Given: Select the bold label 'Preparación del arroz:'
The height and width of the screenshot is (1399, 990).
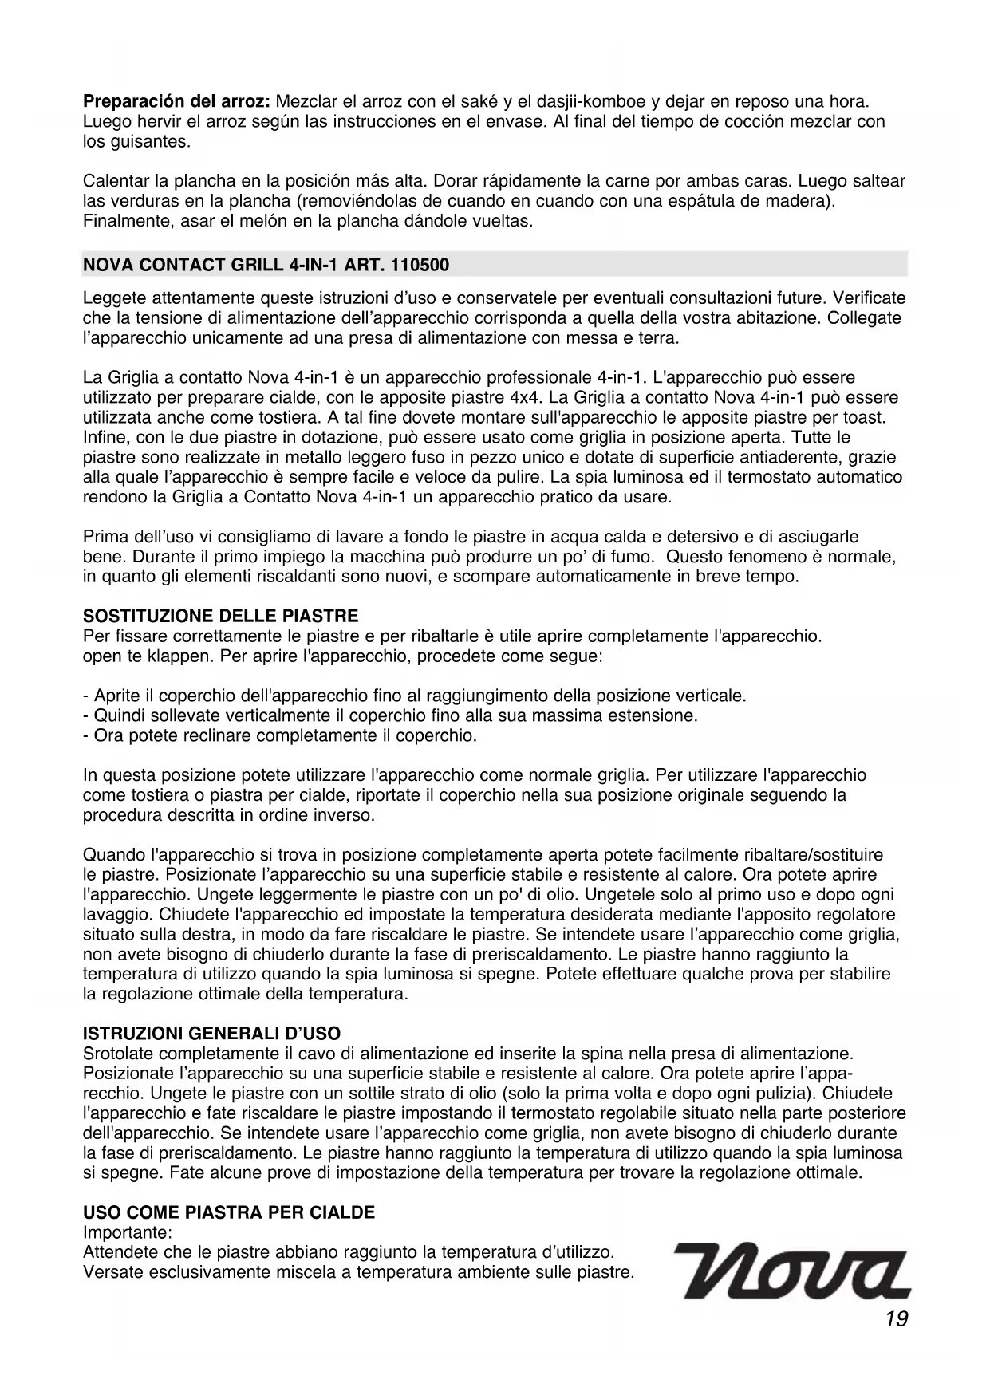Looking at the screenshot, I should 177,103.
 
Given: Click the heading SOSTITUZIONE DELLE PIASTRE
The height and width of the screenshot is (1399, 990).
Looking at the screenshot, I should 221,617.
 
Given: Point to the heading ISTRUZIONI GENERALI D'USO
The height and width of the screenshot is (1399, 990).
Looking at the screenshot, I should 211,1034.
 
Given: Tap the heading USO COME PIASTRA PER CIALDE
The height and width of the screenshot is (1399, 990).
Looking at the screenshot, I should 229,1213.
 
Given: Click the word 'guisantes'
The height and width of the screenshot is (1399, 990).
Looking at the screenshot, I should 156,143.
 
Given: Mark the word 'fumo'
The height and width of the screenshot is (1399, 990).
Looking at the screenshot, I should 635,556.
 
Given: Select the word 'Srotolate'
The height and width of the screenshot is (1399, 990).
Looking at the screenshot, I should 116,1054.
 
